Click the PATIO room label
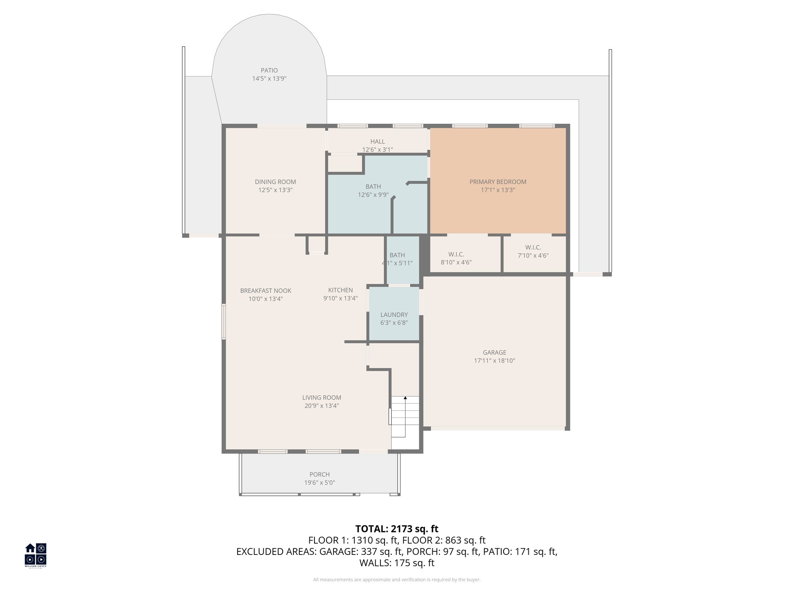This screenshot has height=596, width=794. pyautogui.click(x=269, y=70)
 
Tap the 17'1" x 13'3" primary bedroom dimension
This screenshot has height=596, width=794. pyautogui.click(x=497, y=190)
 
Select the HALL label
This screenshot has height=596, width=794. pyautogui.click(x=377, y=142)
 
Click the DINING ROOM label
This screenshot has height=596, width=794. pyautogui.click(x=275, y=182)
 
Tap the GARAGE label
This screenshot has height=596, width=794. pyautogui.click(x=494, y=352)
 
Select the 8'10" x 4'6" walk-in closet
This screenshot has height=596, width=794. pyautogui.click(x=456, y=258)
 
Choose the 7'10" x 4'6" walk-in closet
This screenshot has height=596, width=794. pyautogui.click(x=533, y=251)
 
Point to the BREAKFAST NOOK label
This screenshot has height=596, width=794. pyautogui.click(x=266, y=291)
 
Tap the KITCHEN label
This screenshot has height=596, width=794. pyautogui.click(x=340, y=290)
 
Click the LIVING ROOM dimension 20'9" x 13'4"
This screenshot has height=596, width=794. pyautogui.click(x=321, y=406)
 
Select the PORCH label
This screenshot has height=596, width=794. pyautogui.click(x=319, y=474)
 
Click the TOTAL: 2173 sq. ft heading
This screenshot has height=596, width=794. pyautogui.click(x=397, y=528)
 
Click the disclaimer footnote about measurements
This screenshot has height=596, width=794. pyautogui.click(x=397, y=580)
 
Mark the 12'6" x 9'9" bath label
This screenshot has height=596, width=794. pyautogui.click(x=373, y=195)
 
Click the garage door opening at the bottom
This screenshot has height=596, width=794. pyautogui.click(x=497, y=428)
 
